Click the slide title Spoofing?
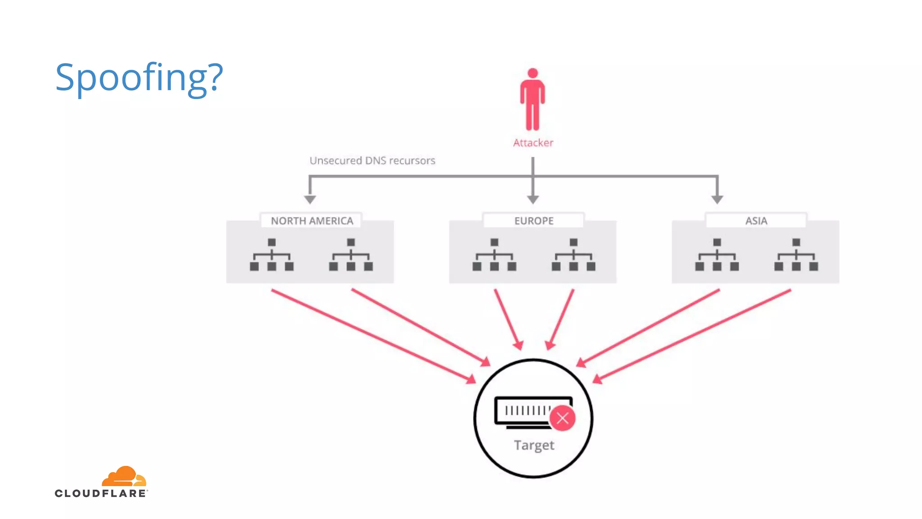139,77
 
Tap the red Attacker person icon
533,99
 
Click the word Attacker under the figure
533,143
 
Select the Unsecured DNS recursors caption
372,161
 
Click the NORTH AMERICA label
312,221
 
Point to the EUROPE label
534,221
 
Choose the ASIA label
756,221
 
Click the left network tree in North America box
271,255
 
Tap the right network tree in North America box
351,255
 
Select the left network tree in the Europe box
494,255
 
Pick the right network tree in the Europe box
574,255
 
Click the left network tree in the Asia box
717,255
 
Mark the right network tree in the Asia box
796,255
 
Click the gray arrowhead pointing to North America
310,199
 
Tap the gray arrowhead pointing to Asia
717,199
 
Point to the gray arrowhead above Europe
533,199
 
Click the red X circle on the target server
562,418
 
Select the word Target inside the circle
534,445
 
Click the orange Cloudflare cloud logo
124,476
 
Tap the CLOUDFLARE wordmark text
100,493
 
